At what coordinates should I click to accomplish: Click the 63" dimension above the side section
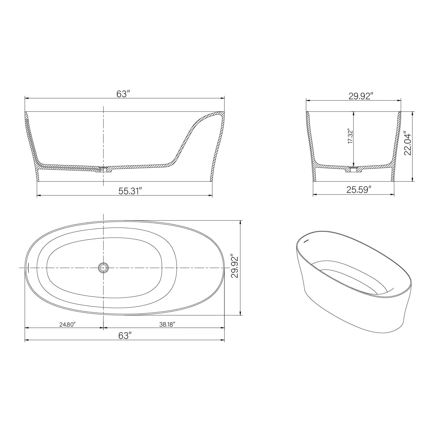[x=123, y=94]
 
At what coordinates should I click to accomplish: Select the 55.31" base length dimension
[x=130, y=191]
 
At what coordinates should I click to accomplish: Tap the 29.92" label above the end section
[x=361, y=96]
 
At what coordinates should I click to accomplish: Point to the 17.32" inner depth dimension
[x=350, y=137]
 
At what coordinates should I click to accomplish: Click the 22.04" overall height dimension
[x=408, y=144]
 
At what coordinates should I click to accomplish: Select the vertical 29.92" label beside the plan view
[x=234, y=266]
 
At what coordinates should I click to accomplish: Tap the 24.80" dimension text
[x=67, y=324]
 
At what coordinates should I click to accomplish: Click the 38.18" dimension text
[x=167, y=324]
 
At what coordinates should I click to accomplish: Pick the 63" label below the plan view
[x=125, y=336]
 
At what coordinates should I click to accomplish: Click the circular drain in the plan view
[x=103, y=268]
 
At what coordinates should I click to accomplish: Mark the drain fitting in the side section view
[x=103, y=169]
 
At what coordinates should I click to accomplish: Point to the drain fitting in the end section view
[x=353, y=170]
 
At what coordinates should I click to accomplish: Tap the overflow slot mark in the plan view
[x=28, y=267]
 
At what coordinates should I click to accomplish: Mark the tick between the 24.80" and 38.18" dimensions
[x=103, y=328]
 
